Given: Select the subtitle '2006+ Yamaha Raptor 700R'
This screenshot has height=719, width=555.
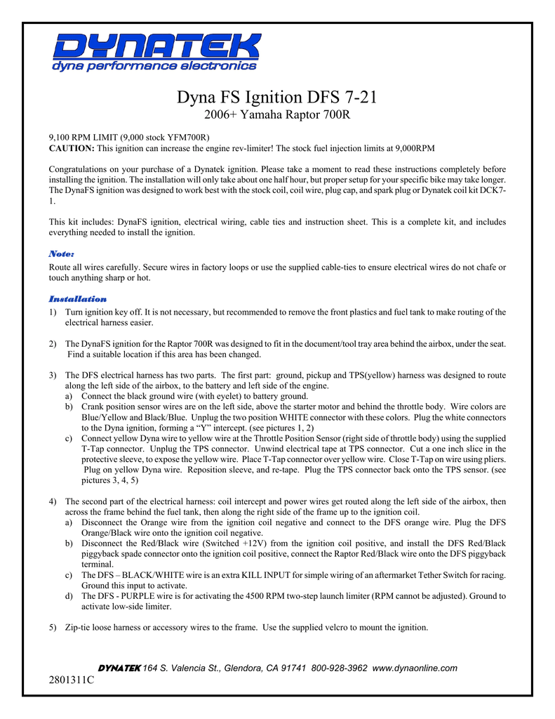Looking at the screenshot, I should [x=277, y=114].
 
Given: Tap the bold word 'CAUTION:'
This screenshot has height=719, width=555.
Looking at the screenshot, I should [x=71, y=149].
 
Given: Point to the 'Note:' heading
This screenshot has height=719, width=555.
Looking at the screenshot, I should [x=61, y=253].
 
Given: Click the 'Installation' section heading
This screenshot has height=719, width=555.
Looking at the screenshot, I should [x=77, y=299].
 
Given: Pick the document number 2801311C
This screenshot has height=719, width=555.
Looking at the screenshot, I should [x=72, y=680].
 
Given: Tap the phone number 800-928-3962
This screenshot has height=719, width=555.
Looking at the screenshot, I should [x=340, y=668].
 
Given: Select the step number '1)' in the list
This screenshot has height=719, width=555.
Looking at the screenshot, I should [x=53, y=312].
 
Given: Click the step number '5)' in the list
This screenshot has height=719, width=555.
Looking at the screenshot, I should [x=53, y=627].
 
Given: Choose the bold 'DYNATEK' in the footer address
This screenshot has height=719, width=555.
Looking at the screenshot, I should [x=119, y=668].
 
